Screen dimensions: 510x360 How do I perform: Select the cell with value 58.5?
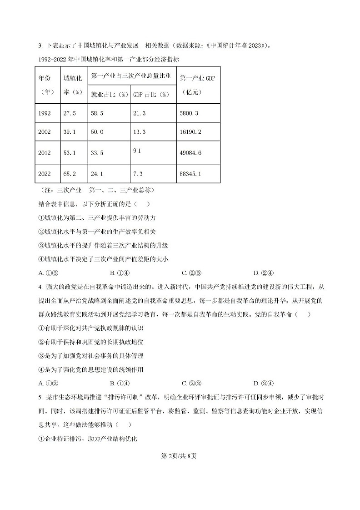[97, 113]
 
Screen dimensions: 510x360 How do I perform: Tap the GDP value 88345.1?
[190, 174]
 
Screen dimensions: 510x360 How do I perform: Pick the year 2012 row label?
[45, 153]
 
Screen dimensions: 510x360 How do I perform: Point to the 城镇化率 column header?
[73, 85]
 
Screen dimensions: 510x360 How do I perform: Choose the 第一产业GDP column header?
[197, 85]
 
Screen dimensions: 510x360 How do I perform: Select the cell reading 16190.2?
[190, 132]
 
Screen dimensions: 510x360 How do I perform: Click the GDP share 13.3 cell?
[139, 132]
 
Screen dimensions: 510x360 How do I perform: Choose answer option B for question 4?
[120, 383]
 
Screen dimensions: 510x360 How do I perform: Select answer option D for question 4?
[263, 383]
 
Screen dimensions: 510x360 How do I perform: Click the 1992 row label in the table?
[45, 113]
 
